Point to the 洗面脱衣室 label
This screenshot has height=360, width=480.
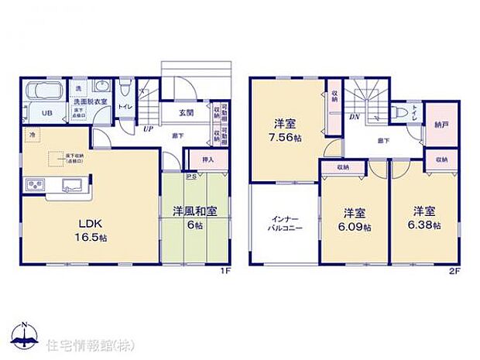(91, 101)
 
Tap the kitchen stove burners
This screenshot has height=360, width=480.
(36, 186)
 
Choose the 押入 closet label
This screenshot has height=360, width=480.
(207, 160)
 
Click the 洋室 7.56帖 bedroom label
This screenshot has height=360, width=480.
(283, 129)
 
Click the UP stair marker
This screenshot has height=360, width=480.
(147, 129)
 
